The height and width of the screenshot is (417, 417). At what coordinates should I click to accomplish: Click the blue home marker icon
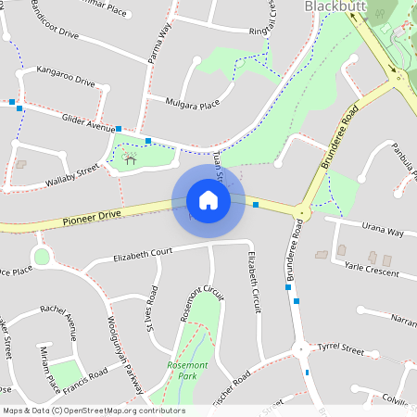(208, 200)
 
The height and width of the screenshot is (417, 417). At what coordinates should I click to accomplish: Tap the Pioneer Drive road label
(93, 218)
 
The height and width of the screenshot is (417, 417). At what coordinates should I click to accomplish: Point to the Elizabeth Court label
(143, 253)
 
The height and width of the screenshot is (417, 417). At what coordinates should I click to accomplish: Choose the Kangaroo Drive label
(66, 76)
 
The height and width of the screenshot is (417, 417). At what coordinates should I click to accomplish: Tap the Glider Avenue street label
(87, 121)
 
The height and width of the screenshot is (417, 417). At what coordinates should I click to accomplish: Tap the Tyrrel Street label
(340, 348)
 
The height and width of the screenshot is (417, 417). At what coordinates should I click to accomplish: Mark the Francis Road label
(85, 376)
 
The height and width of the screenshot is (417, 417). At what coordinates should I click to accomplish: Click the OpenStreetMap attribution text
(94, 411)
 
